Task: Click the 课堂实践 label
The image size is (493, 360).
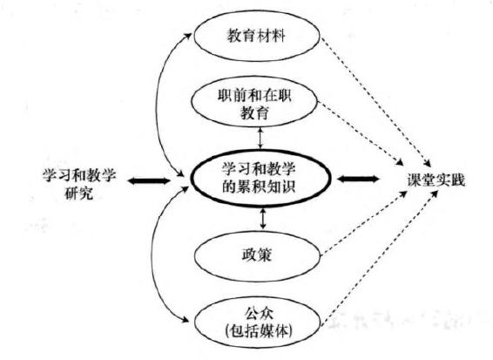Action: pos(436,180)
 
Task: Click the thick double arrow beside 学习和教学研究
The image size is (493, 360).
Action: pos(148,180)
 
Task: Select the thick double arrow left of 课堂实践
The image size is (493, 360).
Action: pos(358,179)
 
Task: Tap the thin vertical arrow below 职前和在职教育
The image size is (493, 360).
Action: pos(260,138)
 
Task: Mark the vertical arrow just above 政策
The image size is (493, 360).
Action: pos(263,218)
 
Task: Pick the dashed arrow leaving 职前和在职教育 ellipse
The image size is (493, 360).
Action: pos(361,133)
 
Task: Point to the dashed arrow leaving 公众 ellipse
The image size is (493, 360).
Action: pos(380,257)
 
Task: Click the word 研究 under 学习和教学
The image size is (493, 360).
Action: pos(79,193)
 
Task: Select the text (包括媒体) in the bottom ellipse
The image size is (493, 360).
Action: pos(259,331)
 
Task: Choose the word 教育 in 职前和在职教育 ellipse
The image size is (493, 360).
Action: pos(255,112)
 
